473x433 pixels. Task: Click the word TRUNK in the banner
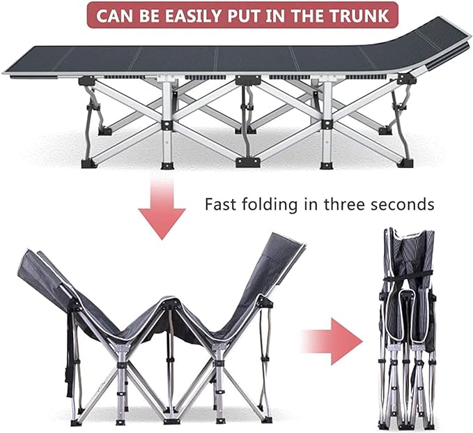(x=359, y=16)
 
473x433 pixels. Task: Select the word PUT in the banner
(x=244, y=16)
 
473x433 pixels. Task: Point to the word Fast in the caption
(x=220, y=204)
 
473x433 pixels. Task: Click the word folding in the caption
(x=271, y=205)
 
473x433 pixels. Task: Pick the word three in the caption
(x=343, y=204)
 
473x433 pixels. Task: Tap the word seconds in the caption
(x=403, y=205)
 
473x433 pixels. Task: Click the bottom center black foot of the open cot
(x=247, y=162)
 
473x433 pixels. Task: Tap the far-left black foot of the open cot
(x=89, y=163)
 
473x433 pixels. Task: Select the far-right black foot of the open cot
(x=405, y=162)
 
